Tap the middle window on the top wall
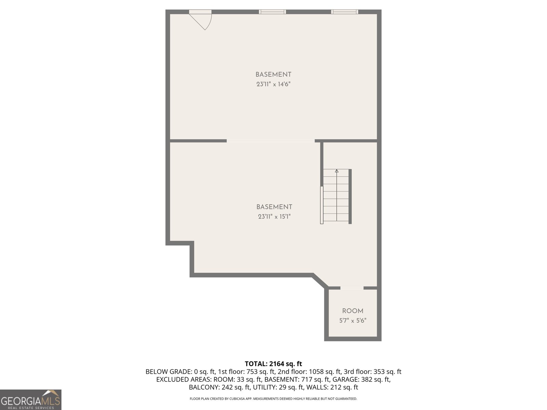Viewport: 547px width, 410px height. coord(272,12)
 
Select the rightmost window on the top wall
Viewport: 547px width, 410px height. coord(345,12)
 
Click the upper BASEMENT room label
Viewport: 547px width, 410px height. coord(273,74)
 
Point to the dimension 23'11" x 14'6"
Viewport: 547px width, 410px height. coord(273,84)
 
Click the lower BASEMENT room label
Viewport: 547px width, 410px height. coord(274,207)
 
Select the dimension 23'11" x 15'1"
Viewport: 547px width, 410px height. coord(274,216)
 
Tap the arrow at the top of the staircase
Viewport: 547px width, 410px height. coord(337,171)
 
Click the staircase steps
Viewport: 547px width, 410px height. coord(336,198)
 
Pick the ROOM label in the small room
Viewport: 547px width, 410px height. coord(352,311)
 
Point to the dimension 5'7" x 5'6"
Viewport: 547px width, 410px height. coord(352,320)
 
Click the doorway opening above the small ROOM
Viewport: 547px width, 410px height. coord(352,288)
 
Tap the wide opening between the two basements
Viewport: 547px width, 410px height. coord(270,140)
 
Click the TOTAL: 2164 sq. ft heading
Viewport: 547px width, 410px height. coord(273,364)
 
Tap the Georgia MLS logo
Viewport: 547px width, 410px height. coord(30,400)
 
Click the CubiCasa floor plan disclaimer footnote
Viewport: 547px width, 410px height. coord(273,399)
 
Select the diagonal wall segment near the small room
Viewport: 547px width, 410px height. coord(320,281)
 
